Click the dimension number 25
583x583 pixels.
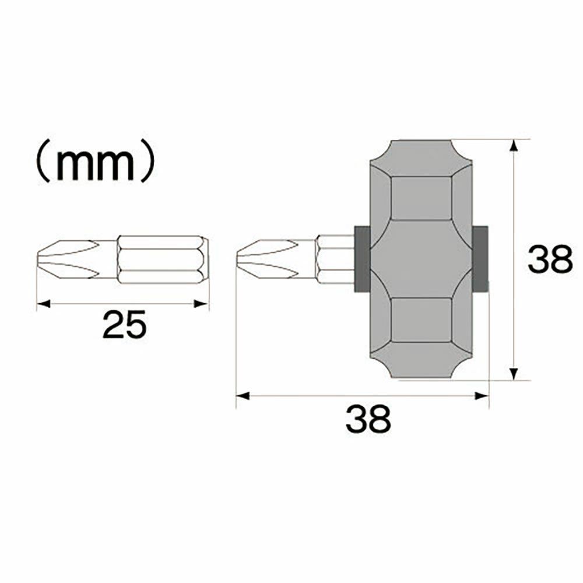[x=125, y=325]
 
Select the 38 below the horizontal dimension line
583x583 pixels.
[x=368, y=419]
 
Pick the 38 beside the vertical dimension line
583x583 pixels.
[x=550, y=259]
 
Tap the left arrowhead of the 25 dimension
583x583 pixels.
[x=43, y=304]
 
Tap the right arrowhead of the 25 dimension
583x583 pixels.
[x=201, y=304]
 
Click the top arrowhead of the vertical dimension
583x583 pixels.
[x=514, y=146]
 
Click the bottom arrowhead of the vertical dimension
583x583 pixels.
[x=514, y=374]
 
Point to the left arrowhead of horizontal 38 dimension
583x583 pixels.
[x=243, y=396]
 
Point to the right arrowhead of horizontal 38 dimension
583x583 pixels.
[x=482, y=396]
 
